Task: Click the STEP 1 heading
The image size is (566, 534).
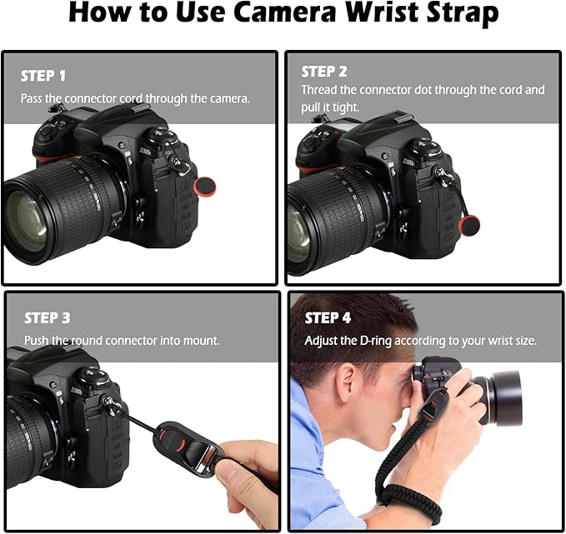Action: (x=43, y=76)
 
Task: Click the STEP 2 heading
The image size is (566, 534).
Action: (x=324, y=72)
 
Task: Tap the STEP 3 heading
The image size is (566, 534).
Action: (x=48, y=318)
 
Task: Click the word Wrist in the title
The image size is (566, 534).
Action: (x=346, y=14)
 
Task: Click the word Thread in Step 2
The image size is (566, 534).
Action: (x=320, y=90)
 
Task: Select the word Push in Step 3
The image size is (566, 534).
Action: (x=38, y=341)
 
